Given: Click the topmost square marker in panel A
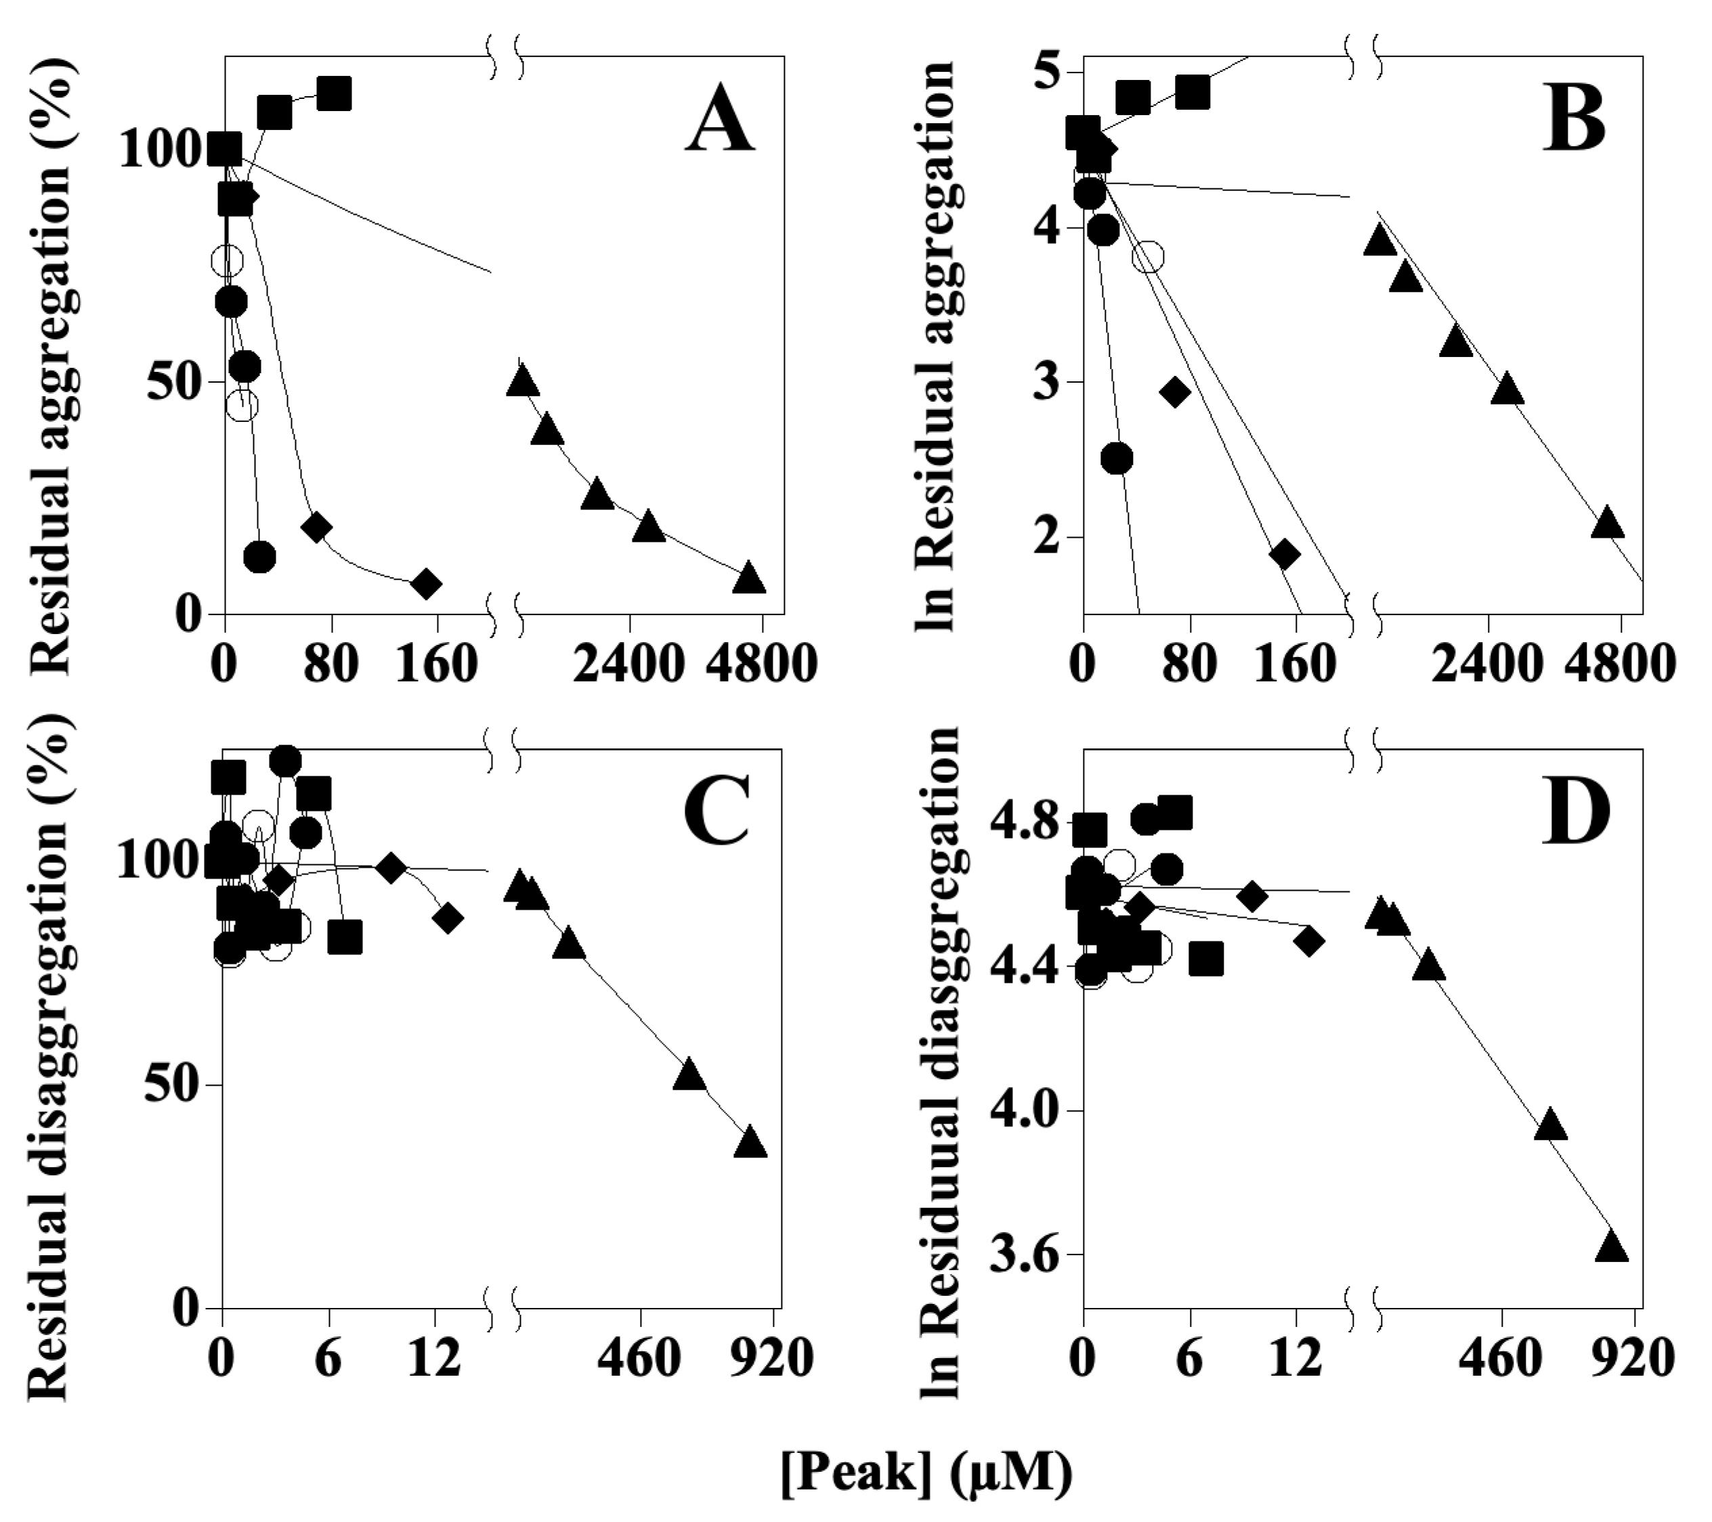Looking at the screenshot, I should pos(333,94).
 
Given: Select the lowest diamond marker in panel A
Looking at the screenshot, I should pos(427,584).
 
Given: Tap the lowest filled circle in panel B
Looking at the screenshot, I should pos(1117,458).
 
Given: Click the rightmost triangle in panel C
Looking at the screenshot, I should pos(750,1143).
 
